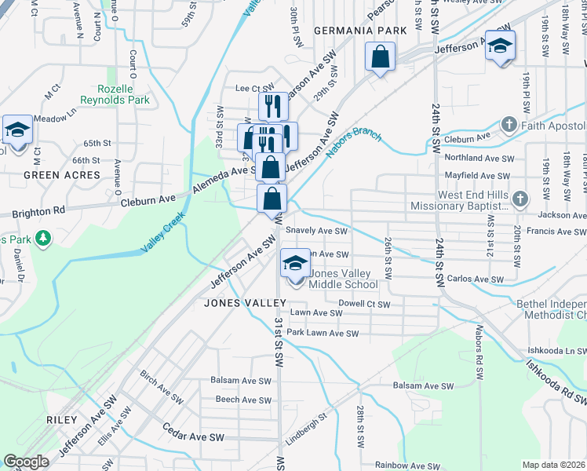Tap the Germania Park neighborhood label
(360, 31)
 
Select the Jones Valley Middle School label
(345, 279)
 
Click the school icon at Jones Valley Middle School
(295, 263)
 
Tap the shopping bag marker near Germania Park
(380, 57)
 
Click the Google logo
(26, 461)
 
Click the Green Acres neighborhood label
(62, 175)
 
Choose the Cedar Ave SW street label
(193, 433)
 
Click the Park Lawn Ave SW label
(323, 334)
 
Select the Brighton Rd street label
(38, 212)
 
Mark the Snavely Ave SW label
(316, 231)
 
